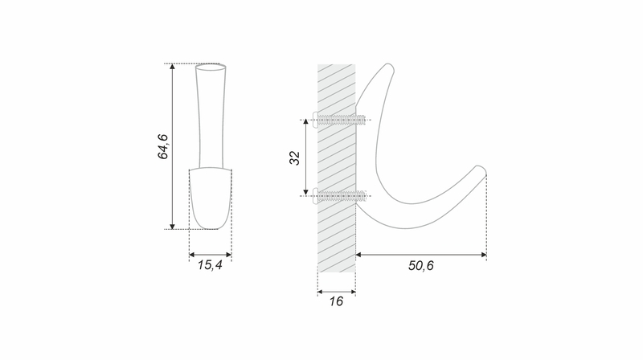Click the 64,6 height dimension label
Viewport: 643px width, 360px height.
(163, 146)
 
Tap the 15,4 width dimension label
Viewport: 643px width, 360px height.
(210, 265)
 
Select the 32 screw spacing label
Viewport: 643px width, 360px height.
(295, 157)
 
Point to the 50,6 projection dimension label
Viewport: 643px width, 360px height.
(420, 266)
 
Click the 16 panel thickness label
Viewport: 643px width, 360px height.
(336, 301)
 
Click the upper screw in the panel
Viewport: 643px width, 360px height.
(338, 120)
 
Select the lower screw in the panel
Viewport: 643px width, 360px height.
(338, 196)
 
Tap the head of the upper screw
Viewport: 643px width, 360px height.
(315, 120)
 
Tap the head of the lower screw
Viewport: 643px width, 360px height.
(315, 196)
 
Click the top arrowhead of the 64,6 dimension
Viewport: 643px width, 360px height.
(172, 67)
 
